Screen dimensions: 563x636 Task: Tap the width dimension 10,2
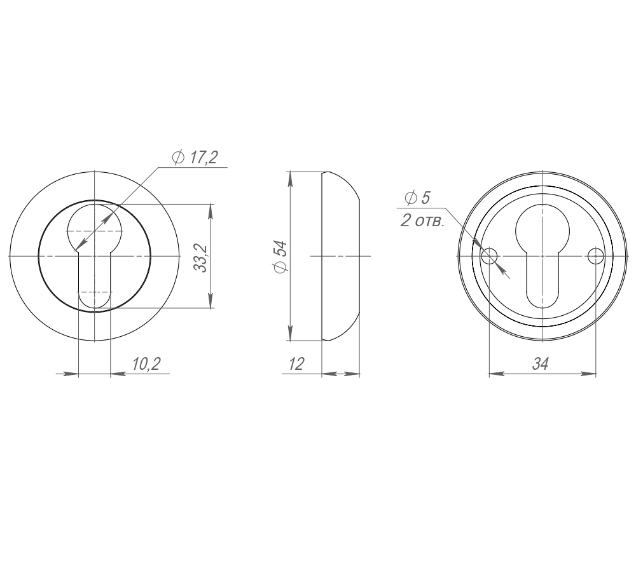coord(146,363)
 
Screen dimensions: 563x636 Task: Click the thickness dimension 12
coord(296,363)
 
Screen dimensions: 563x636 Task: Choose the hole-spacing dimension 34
coord(540,363)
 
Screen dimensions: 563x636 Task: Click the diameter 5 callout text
coord(417,198)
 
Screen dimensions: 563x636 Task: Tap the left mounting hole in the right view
coord(489,256)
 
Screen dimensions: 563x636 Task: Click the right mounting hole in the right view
coord(595,256)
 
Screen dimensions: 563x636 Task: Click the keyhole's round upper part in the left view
coord(93,226)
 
